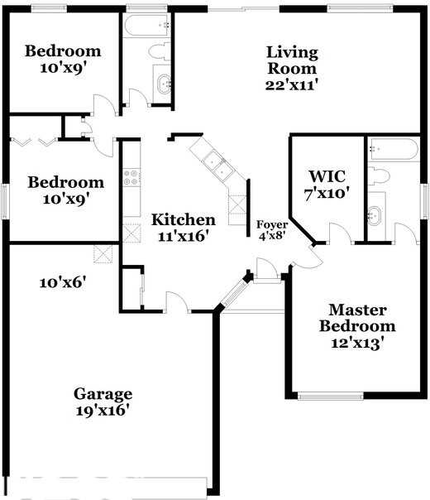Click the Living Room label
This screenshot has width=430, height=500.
click(x=292, y=60)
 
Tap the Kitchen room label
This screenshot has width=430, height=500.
click(x=184, y=220)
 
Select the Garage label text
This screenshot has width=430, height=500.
click(x=103, y=394)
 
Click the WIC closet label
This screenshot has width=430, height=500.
click(x=327, y=176)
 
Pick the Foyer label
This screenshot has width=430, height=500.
click(x=272, y=224)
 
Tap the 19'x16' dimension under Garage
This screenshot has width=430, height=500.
click(x=103, y=410)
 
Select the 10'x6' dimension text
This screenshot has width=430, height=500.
click(x=63, y=282)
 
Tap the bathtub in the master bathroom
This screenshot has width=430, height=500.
click(x=394, y=150)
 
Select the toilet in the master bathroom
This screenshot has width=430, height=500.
click(x=380, y=175)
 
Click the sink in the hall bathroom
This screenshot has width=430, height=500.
click(x=164, y=84)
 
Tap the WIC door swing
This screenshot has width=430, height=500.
click(x=340, y=233)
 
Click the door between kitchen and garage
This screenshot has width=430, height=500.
click(x=176, y=302)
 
